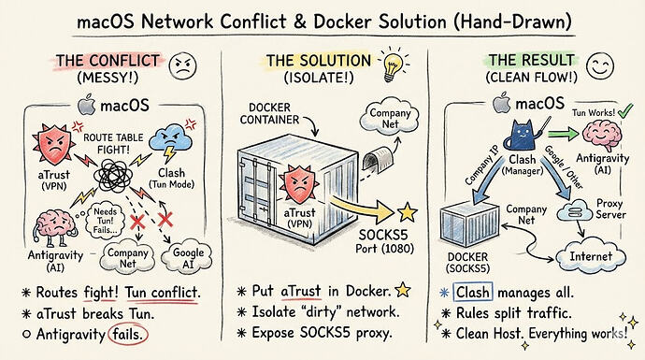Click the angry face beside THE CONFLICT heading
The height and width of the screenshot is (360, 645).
[x=183, y=65]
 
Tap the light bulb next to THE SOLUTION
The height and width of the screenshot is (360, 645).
[x=393, y=65]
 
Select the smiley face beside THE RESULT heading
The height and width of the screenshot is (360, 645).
[x=600, y=66]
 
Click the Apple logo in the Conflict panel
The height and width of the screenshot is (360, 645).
[x=86, y=105]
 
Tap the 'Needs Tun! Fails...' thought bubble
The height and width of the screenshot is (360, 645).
[x=105, y=220]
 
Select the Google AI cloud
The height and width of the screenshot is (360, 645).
[x=187, y=257]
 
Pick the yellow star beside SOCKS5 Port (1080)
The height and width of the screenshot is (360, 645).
[x=408, y=212]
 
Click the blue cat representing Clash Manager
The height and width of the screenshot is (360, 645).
[x=523, y=134]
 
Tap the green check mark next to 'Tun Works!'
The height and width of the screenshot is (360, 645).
[x=625, y=110]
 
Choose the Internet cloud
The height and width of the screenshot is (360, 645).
[x=591, y=257]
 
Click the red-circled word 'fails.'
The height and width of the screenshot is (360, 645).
[x=127, y=334]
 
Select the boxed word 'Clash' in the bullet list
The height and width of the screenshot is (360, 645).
[x=473, y=292]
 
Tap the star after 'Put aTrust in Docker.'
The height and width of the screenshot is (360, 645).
[x=402, y=290]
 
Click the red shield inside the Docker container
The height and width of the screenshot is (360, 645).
[x=299, y=184]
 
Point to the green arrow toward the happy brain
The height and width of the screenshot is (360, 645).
[x=563, y=134]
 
